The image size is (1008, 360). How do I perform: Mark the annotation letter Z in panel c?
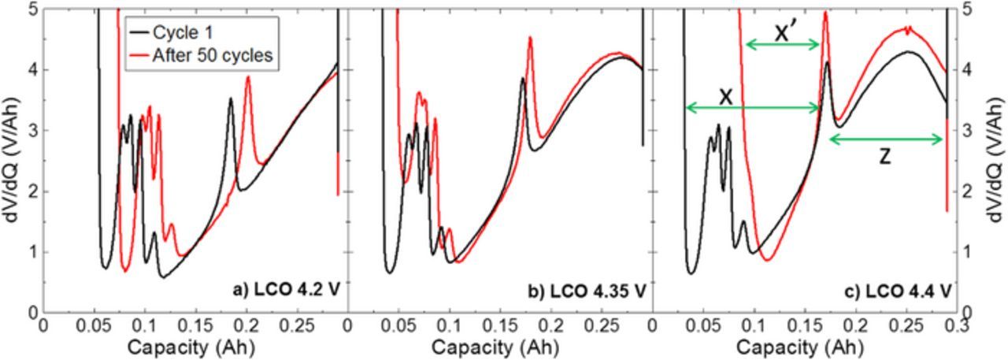click(885, 158)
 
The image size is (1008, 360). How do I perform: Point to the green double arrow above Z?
click(886, 139)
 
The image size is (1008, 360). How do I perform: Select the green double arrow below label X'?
click(783, 45)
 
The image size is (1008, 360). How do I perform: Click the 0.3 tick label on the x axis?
click(957, 325)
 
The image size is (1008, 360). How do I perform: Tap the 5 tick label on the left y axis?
click(31, 9)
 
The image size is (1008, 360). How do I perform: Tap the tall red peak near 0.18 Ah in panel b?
click(531, 38)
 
